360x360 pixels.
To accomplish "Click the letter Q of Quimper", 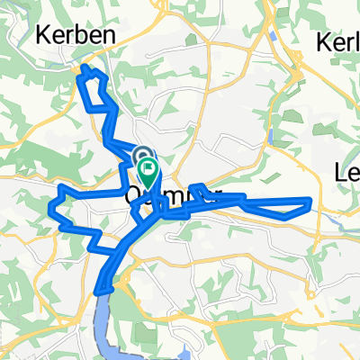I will pyautogui.click(x=134, y=193).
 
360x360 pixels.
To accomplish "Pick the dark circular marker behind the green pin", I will pyautogui.click(x=141, y=157).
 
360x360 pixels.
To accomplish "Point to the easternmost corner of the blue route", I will pyautogui.click(x=311, y=200).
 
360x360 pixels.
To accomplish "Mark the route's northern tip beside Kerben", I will pyautogui.click(x=85, y=66).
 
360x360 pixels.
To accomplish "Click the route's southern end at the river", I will pyautogui.click(x=99, y=290).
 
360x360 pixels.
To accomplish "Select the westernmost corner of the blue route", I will pyautogui.click(x=48, y=210).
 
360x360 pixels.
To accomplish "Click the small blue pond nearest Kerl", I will pyautogui.click(x=271, y=39).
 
